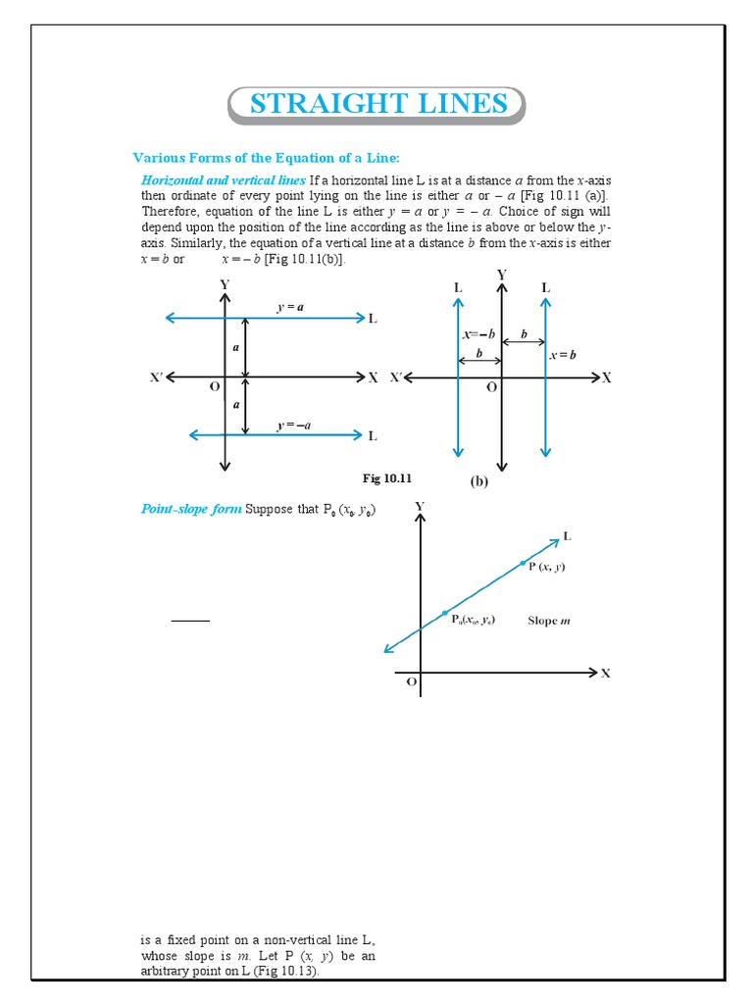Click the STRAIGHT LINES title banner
[x=377, y=105]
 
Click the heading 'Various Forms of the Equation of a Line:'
[x=267, y=158]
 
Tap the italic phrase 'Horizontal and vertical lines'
[x=224, y=180]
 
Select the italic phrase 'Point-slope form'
[x=191, y=509]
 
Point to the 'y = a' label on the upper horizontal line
[x=290, y=307]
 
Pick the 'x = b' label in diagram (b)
[x=563, y=355]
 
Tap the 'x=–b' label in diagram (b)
[x=479, y=334]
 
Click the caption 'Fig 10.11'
[x=387, y=478]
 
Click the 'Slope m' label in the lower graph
[x=549, y=620]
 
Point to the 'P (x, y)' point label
[x=546, y=567]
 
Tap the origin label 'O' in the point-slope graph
[x=412, y=681]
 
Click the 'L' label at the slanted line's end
[x=567, y=536]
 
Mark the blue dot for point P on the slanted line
[x=523, y=562]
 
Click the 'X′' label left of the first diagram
[x=157, y=377]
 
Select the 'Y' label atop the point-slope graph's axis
[x=420, y=506]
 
